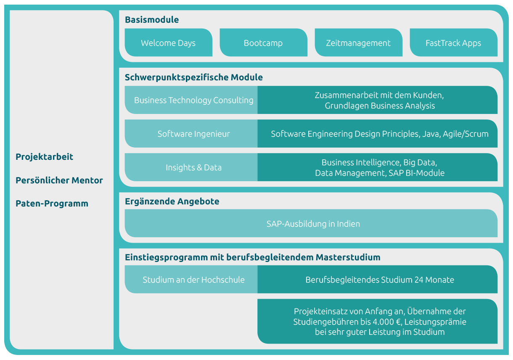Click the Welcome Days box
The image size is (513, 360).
click(168, 43)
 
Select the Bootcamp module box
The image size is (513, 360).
click(263, 43)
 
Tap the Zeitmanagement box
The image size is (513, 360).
click(358, 43)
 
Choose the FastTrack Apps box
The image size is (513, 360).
click(453, 43)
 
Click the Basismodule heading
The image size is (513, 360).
click(152, 20)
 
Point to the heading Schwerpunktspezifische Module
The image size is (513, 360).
click(194, 77)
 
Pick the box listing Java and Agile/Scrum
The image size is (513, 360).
click(380, 134)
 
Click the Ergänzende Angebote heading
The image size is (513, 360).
click(172, 201)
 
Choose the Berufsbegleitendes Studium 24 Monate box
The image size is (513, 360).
click(380, 280)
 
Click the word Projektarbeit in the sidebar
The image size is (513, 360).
click(45, 157)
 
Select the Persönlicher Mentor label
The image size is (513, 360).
click(59, 180)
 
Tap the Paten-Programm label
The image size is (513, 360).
click(52, 204)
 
